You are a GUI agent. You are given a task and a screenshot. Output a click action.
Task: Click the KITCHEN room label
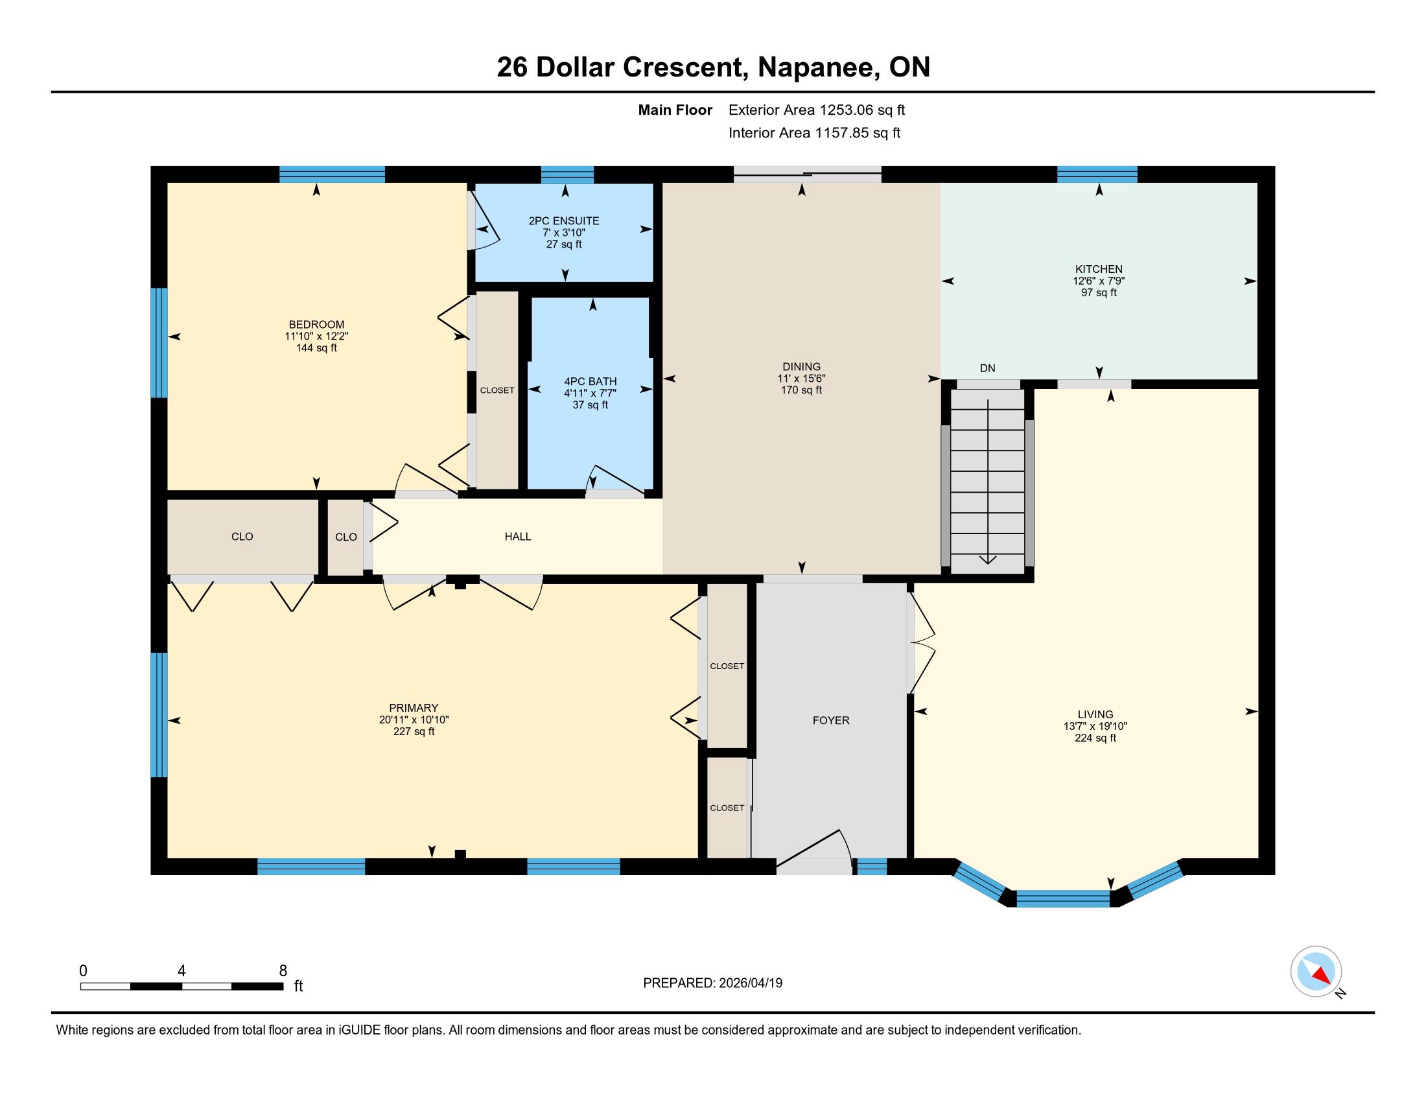coord(1099,269)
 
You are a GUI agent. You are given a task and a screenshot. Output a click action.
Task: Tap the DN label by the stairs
coord(987,368)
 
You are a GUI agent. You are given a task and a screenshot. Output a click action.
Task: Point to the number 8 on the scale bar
coord(283,971)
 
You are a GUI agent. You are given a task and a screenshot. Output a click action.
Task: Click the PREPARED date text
coord(712,983)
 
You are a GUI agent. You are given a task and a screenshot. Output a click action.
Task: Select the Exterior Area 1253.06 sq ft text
coord(817,110)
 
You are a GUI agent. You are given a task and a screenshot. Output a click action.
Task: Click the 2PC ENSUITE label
coord(564,220)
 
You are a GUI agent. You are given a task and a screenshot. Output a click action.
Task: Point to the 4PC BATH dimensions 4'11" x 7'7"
coord(590,393)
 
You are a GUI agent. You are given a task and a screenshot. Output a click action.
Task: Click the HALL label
coord(518,537)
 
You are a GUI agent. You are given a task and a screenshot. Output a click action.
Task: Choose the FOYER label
coord(831,721)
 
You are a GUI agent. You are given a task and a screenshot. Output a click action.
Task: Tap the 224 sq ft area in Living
coord(1095,738)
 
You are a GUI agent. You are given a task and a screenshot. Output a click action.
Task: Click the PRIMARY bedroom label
coord(414,708)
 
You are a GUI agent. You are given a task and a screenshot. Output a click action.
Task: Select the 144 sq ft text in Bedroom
coord(317,348)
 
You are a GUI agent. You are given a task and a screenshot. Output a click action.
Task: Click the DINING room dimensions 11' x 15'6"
coord(802,378)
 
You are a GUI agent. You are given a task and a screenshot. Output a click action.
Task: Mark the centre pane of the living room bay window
coord(1063,899)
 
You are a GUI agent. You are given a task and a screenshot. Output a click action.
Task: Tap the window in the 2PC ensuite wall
coord(567,175)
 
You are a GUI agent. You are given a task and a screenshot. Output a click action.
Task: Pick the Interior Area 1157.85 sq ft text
coord(814,133)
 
